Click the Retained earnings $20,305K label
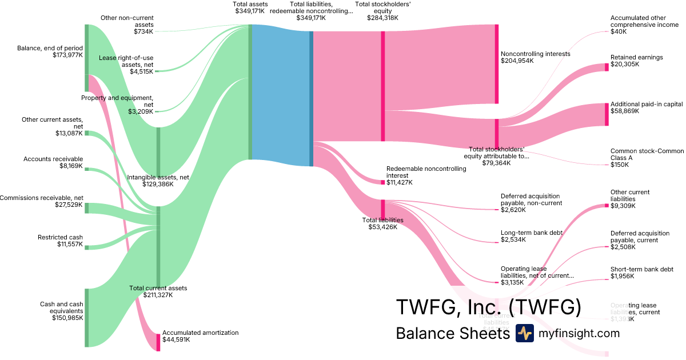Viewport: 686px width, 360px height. [x=637, y=61]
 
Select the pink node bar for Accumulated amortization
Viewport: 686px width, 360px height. [x=158, y=342]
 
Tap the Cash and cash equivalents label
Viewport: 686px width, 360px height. [x=62, y=311]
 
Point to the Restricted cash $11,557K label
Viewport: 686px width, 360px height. [x=61, y=241]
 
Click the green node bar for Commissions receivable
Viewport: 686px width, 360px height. [x=87, y=208]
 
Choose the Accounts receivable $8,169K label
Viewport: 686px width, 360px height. [x=53, y=162]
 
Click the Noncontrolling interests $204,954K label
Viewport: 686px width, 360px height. [x=536, y=57]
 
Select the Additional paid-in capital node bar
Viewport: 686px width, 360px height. [x=607, y=114]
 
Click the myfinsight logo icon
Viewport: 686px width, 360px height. [x=524, y=333]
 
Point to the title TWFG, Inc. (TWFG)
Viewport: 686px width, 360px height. [x=489, y=307]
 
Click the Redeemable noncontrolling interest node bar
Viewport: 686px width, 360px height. [x=383, y=182]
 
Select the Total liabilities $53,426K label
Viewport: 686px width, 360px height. [x=383, y=223]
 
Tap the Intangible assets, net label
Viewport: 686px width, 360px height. [x=158, y=181]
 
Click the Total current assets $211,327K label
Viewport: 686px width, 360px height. [x=158, y=291]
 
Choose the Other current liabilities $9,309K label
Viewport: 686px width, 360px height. [x=630, y=199]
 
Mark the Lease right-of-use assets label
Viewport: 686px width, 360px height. [x=126, y=65]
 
